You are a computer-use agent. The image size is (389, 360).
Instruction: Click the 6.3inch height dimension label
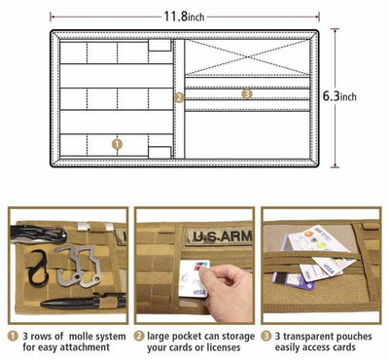coord(338,96)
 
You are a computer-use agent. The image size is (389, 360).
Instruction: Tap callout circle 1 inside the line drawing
coord(118,143)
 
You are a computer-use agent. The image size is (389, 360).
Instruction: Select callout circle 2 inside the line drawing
coord(178,97)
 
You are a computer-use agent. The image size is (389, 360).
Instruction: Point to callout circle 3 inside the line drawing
coord(246,93)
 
